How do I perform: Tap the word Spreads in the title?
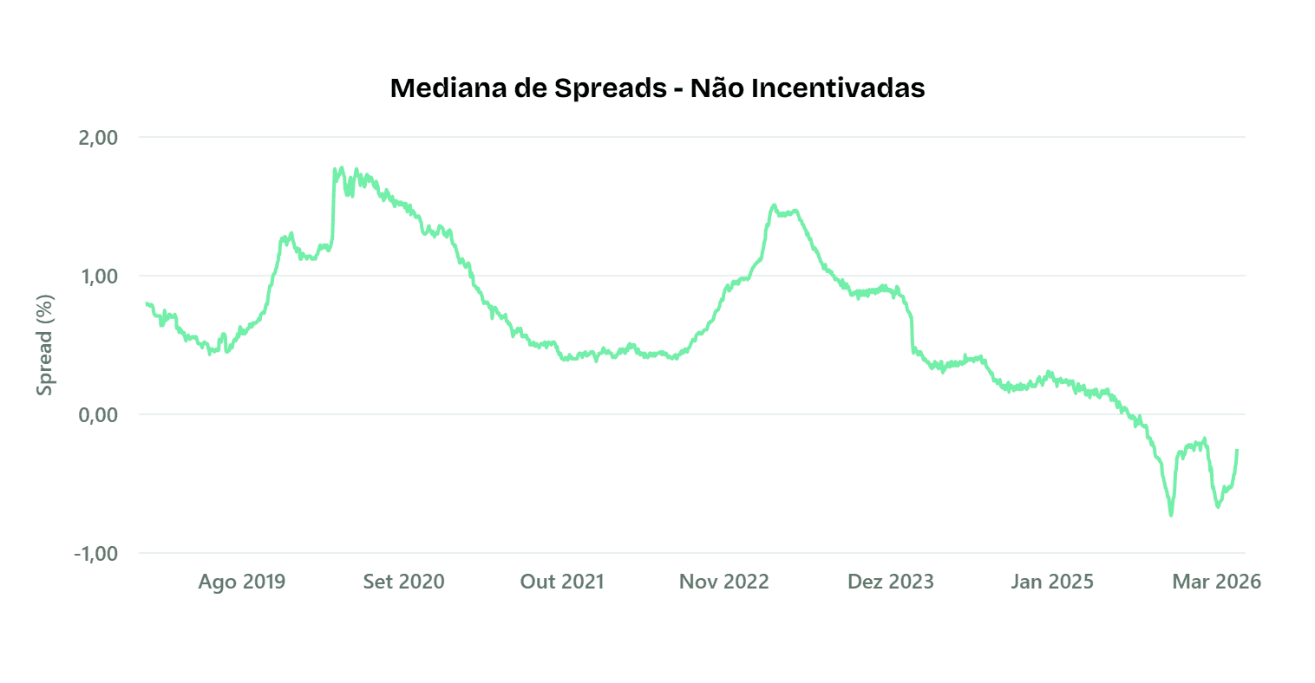click(x=611, y=88)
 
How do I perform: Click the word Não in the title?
click(x=716, y=88)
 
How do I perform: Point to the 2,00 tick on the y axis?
click(x=98, y=138)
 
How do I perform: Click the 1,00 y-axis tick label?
click(x=98, y=276)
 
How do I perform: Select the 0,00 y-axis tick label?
click(x=98, y=415)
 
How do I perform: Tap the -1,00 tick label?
click(x=95, y=554)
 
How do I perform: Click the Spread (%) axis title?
click(x=45, y=345)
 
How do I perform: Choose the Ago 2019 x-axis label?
click(x=241, y=582)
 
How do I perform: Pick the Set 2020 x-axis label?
click(x=403, y=582)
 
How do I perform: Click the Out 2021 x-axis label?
click(x=561, y=582)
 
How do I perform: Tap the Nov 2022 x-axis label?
click(x=723, y=582)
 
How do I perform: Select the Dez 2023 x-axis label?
click(x=890, y=582)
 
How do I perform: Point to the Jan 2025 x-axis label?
click(x=1051, y=582)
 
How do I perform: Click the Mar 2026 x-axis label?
click(x=1216, y=582)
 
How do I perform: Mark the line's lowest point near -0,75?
click(x=1171, y=515)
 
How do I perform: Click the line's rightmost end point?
click(x=1237, y=450)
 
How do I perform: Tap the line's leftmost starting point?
click(x=147, y=303)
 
